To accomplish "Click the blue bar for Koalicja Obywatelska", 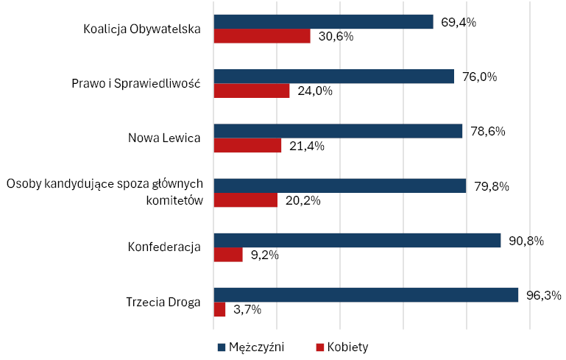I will [323, 22].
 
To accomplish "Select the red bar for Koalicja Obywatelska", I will [262, 36].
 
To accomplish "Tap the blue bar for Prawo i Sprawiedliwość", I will [333, 77].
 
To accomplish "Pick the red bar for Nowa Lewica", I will [247, 145].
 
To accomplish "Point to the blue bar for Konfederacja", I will [357, 240].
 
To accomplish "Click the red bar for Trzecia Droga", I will [219, 309].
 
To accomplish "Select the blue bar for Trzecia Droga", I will [366, 294].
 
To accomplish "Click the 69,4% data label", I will [458, 22].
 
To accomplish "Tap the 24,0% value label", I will [315, 91].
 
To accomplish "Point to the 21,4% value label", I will [307, 146].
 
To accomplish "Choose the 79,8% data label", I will [491, 186].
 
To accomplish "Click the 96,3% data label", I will [544, 295].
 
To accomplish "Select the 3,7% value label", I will [247, 310].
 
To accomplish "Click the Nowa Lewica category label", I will [164, 138].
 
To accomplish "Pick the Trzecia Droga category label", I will [163, 302].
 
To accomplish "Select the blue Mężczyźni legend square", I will [221, 346].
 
